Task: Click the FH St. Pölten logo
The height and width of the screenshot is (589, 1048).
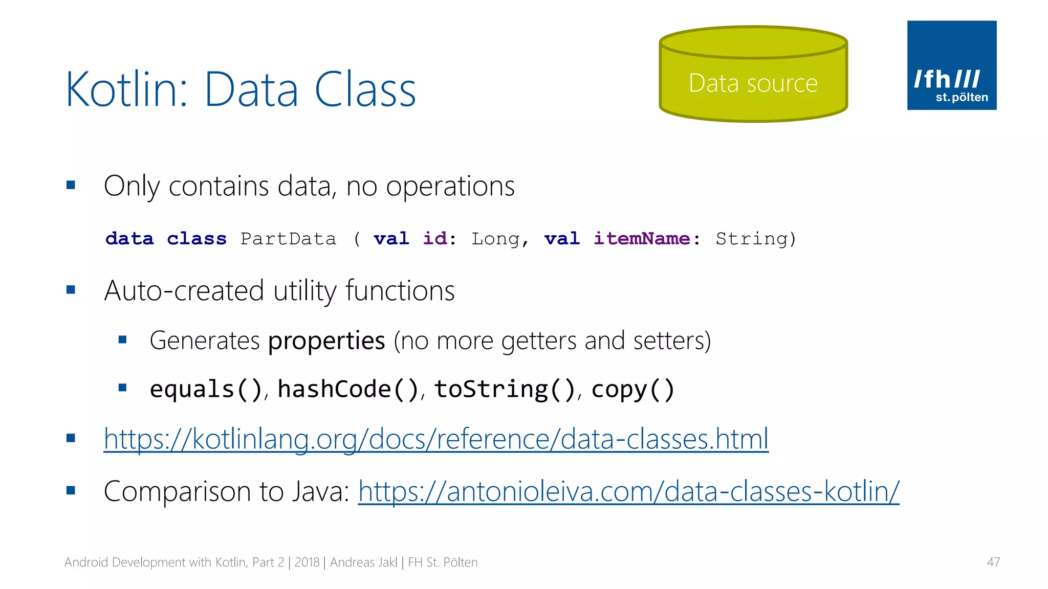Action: [951, 65]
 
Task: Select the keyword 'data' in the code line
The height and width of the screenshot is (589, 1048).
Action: [129, 239]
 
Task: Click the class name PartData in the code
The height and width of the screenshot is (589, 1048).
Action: [289, 239]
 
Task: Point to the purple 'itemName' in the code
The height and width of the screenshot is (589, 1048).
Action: [642, 239]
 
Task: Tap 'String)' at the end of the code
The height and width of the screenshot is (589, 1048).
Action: [756, 239]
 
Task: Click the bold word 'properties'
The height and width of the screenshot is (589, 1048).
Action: [326, 341]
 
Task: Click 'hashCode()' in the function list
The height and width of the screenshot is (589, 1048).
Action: [348, 390]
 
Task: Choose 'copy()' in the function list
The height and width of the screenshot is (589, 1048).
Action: [633, 390]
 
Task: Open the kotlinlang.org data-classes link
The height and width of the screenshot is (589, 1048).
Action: [436, 439]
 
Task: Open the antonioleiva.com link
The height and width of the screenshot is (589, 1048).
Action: [628, 491]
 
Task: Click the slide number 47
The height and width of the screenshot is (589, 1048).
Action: [993, 562]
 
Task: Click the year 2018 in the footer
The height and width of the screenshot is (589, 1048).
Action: [307, 562]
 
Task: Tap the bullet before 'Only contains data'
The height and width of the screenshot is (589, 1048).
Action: [71, 185]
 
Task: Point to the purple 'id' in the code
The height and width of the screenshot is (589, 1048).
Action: [435, 239]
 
